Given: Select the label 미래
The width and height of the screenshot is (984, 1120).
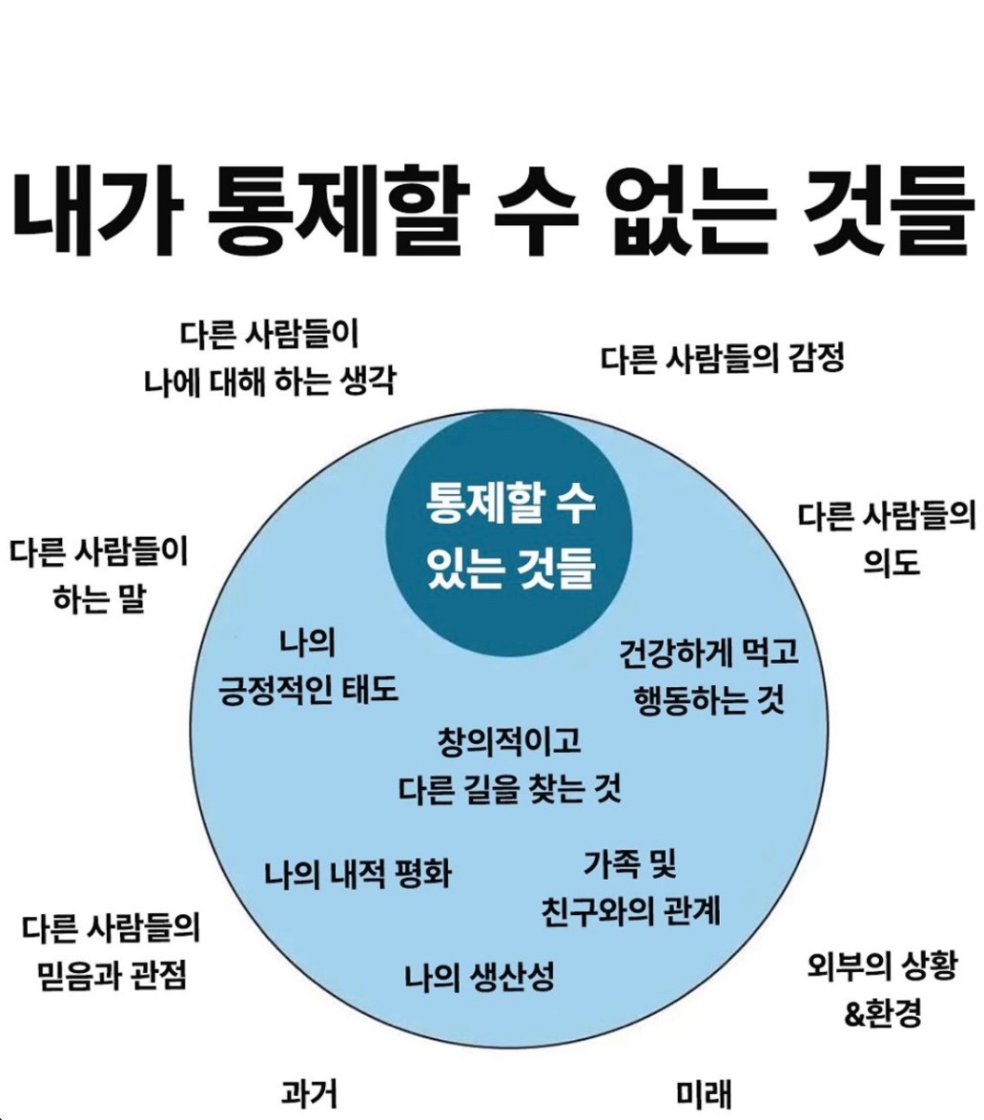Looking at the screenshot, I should pyautogui.click(x=704, y=1093).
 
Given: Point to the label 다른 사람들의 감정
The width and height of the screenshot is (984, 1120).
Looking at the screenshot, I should pyautogui.click(x=724, y=361).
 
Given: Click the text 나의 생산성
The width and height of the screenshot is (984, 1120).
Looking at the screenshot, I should pyautogui.click(x=479, y=976).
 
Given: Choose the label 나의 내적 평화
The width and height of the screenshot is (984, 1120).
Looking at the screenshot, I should pyautogui.click(x=358, y=873).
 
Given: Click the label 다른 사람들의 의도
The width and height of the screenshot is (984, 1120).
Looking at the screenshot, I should pyautogui.click(x=888, y=539).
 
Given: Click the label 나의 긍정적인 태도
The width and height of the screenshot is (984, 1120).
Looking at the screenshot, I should pyautogui.click(x=308, y=666).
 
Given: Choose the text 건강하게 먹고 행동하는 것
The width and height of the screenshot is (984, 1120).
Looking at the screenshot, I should pyautogui.click(x=708, y=677).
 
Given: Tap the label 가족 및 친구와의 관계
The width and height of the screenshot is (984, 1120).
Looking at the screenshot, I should pyautogui.click(x=629, y=890).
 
